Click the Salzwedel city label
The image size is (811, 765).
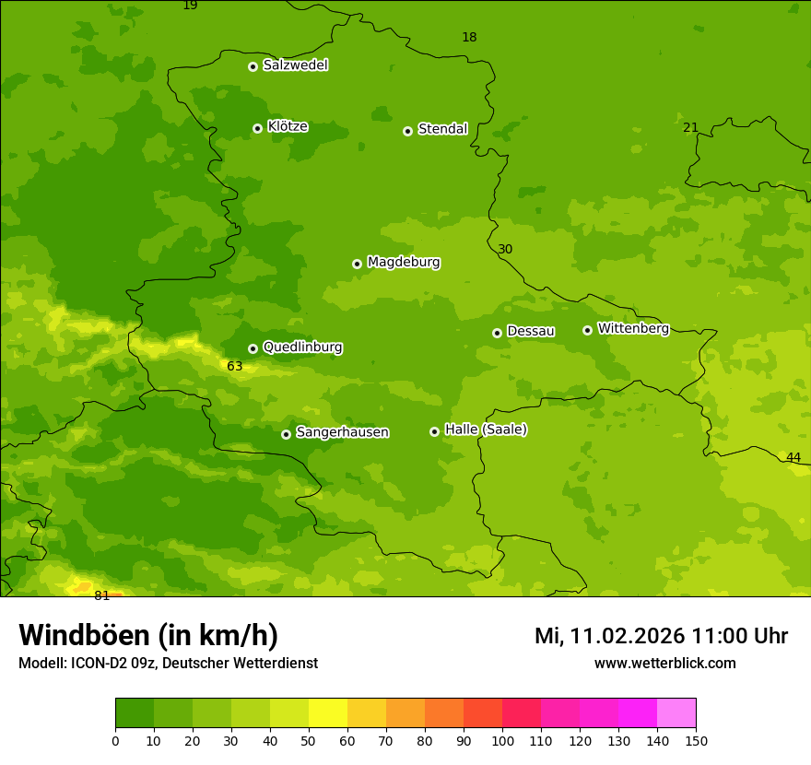295,65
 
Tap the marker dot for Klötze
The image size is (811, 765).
257,128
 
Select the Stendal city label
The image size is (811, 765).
442,129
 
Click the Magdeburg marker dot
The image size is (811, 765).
357,264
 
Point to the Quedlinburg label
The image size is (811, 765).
302,347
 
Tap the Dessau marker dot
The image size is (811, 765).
497,333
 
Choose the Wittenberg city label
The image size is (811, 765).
632,328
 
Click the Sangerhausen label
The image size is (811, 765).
342,432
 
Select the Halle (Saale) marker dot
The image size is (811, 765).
434,431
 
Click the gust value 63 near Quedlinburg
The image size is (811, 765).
235,366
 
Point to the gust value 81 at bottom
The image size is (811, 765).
101,595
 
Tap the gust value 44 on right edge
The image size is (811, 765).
793,458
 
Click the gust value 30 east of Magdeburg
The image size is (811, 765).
505,249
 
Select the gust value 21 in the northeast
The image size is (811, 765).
690,127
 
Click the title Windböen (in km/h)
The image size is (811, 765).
148,635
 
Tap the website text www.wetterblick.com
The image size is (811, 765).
664,663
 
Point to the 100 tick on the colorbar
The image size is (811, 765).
502,740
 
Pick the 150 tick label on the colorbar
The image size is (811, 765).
695,740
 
